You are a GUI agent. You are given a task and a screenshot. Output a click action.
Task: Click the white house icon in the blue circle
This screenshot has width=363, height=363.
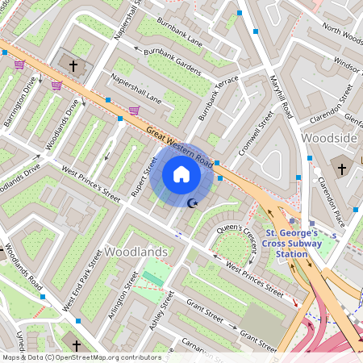click(181, 174)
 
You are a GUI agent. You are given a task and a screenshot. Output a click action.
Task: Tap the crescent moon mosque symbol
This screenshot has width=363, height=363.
click(192, 203)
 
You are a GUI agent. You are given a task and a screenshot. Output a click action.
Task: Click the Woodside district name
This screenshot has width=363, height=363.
click(328, 139)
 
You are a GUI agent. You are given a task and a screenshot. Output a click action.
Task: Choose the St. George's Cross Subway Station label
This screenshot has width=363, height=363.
click(292, 243)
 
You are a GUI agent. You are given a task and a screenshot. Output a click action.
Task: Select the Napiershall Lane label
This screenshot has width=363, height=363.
click(136, 90)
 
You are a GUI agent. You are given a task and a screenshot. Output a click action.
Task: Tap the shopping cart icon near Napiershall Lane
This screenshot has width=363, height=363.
click(134, 111)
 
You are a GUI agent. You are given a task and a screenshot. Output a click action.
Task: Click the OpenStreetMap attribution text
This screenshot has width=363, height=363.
click(81, 357)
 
